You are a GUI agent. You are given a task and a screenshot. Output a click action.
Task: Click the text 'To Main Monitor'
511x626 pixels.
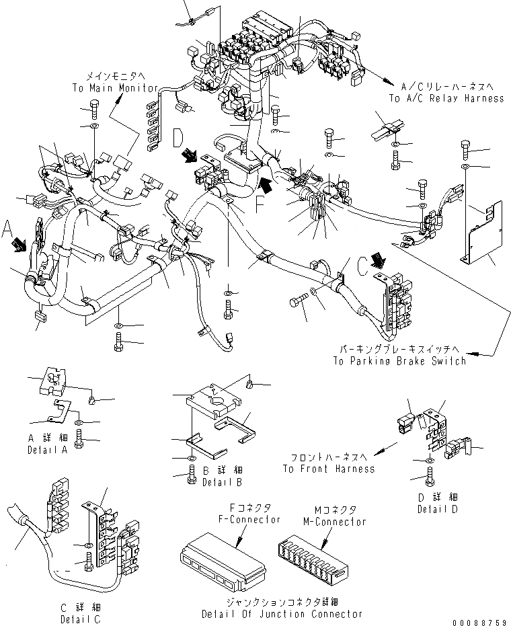click(x=116, y=88)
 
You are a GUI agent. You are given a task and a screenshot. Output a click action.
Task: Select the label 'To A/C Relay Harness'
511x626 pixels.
click(x=446, y=98)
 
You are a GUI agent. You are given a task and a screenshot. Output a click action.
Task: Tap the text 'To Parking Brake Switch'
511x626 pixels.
click(x=399, y=361)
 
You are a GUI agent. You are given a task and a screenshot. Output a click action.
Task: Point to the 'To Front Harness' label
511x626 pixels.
click(x=329, y=469)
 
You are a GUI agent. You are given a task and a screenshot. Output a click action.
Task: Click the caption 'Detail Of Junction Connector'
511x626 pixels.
click(x=282, y=614)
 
